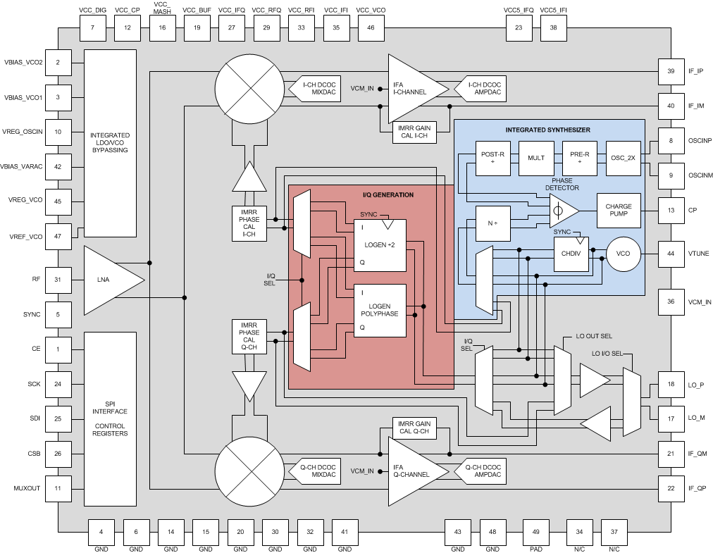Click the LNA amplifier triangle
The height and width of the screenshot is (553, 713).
click(109, 280)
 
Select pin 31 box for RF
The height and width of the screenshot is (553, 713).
click(58, 280)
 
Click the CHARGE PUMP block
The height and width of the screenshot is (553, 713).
click(619, 211)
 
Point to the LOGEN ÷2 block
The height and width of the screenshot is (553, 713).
click(380, 244)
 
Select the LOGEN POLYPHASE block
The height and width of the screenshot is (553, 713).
click(380, 310)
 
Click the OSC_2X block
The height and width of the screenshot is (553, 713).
click(623, 159)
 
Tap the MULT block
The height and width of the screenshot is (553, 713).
click(536, 159)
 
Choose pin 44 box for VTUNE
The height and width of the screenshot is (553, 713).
click(671, 253)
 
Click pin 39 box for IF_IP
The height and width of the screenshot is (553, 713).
click(671, 71)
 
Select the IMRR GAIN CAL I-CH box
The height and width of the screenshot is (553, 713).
click(414, 132)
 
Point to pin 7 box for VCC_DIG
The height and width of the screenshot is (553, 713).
click(93, 27)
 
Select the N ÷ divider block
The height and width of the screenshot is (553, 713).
click(492, 222)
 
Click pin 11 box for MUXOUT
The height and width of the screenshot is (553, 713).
click(58, 487)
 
